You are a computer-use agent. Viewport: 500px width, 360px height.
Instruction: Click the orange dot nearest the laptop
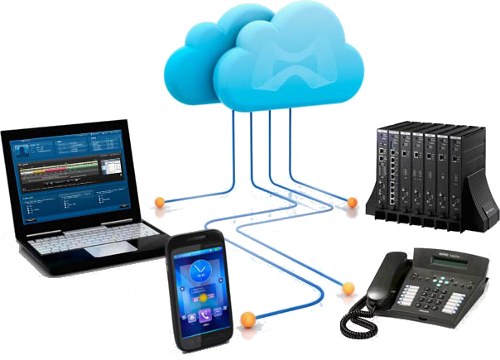(159, 201)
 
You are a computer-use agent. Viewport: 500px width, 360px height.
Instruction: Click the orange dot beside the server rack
(352, 202)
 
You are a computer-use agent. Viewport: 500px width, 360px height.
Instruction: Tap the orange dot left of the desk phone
(349, 288)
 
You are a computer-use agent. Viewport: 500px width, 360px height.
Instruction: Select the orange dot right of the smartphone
(246, 318)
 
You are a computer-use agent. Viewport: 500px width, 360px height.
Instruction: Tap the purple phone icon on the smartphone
(204, 316)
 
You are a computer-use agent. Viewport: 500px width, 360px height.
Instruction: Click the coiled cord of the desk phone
(360, 319)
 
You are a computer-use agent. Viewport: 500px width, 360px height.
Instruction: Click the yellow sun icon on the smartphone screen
(200, 295)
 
